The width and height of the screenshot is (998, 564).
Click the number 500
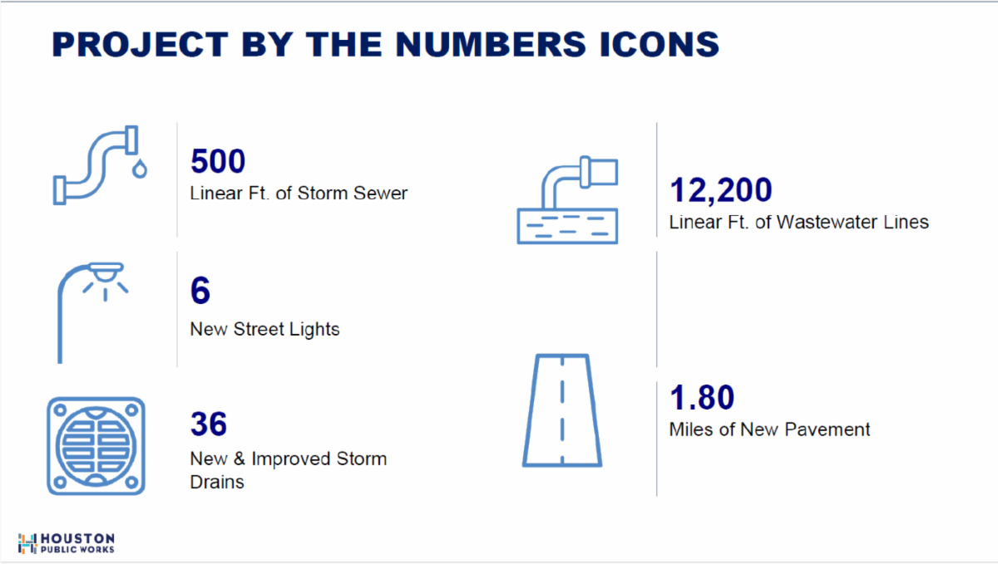coord(218,160)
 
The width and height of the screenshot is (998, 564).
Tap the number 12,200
coord(721,190)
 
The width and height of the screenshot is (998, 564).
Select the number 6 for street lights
coord(200,290)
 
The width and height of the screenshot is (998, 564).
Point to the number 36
coord(209,424)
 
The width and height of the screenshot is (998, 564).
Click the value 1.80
coord(702,397)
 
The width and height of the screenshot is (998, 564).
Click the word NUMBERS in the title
coord(491,44)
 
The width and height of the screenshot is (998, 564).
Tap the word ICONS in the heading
coord(660,44)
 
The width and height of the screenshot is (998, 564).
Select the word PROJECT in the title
coord(141,44)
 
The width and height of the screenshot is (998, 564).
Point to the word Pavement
coord(827,429)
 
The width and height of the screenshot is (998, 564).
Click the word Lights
coord(314,330)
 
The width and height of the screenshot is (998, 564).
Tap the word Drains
coord(217,482)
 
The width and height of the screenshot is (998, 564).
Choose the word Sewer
coord(380,194)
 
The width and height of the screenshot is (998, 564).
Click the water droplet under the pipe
coord(140,169)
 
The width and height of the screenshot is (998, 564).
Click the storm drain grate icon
coord(96,445)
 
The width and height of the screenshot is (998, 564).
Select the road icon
coord(562,410)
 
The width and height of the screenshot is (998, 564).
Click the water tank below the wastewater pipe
coord(567,226)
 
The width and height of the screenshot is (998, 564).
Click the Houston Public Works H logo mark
coord(27,543)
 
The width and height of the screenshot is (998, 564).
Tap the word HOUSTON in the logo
coord(77,538)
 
